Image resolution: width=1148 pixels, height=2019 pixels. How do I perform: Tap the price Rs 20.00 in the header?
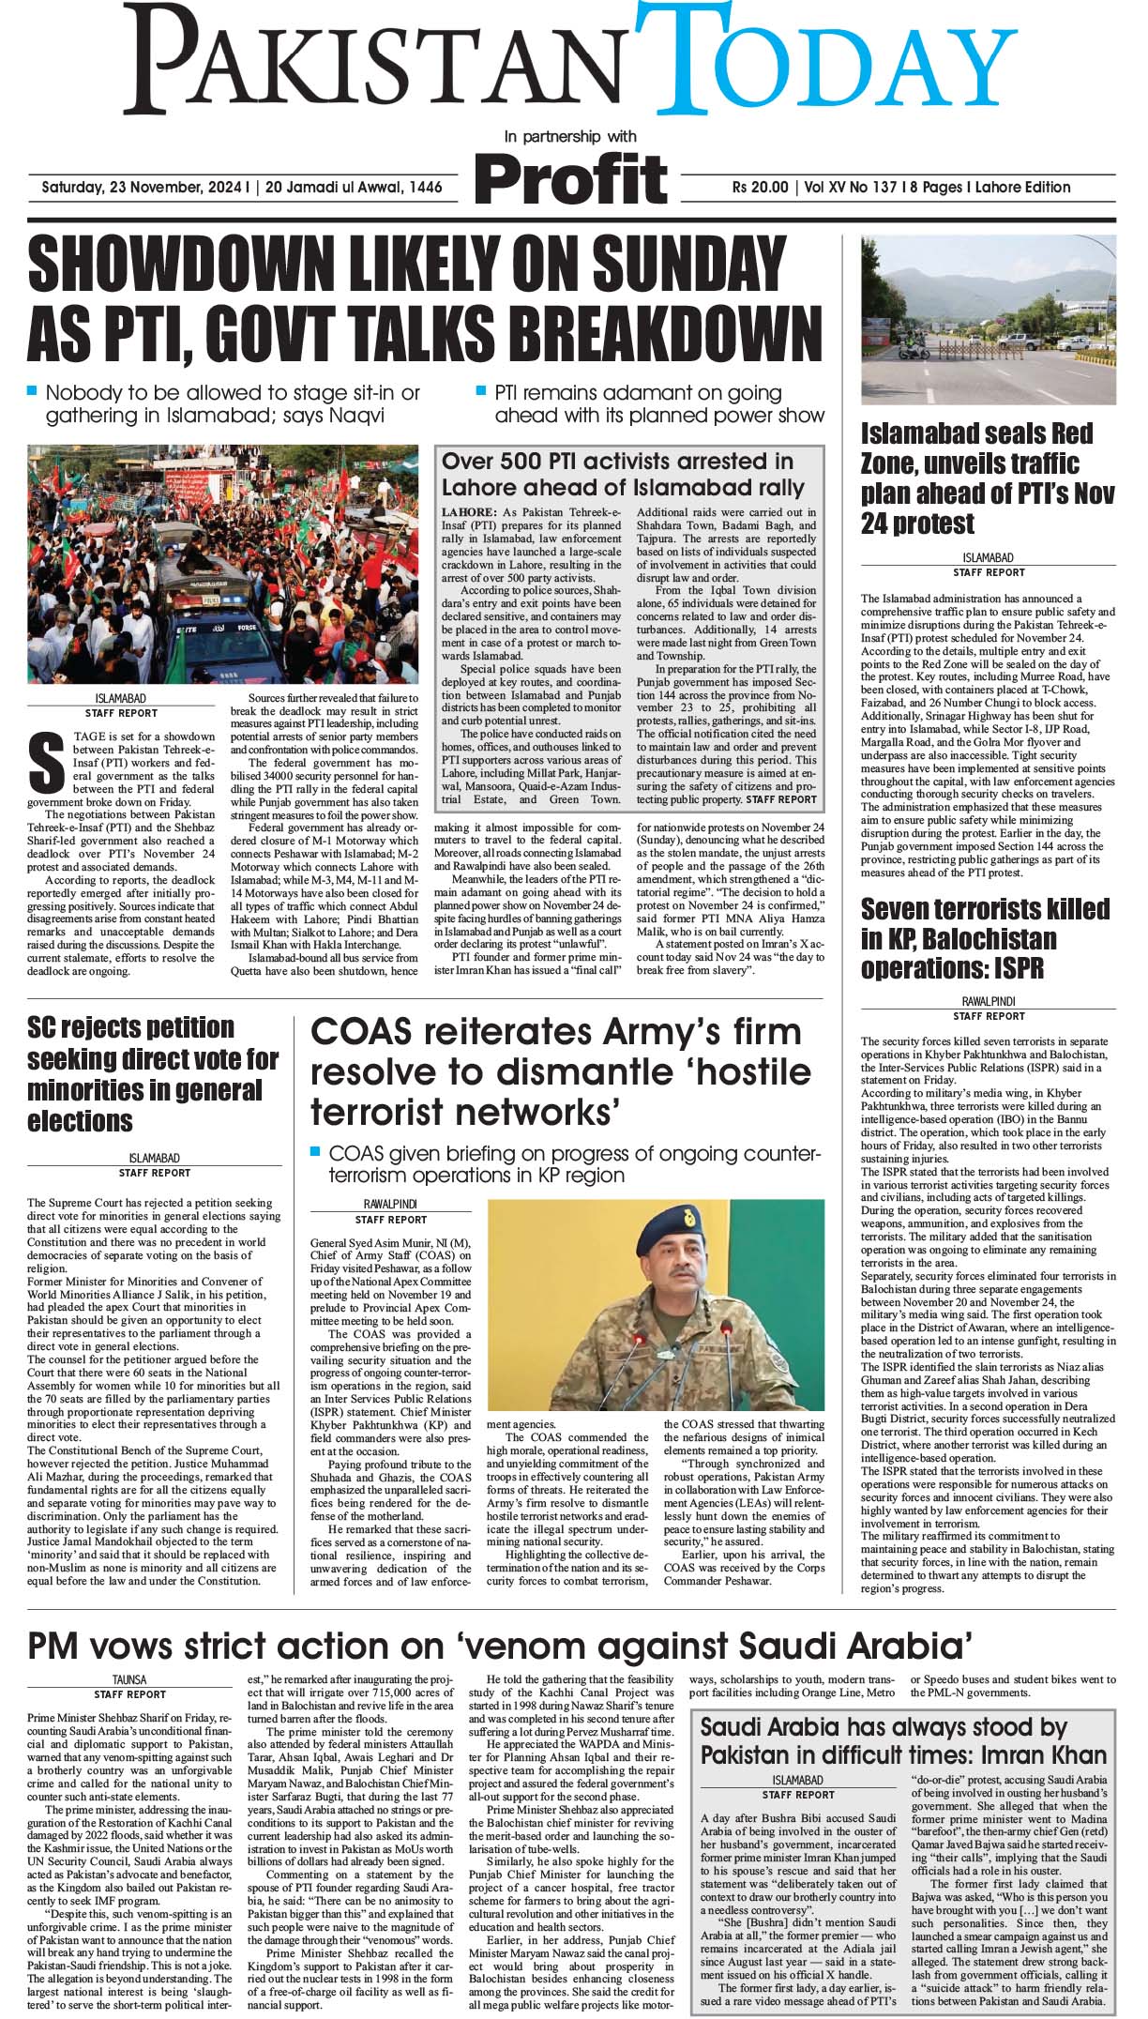click(761, 188)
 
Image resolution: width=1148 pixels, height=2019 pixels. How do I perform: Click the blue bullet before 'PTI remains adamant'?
click(482, 390)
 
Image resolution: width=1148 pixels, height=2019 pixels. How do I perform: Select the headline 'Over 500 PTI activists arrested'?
click(623, 474)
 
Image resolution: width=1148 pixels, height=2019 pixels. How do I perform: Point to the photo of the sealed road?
click(989, 320)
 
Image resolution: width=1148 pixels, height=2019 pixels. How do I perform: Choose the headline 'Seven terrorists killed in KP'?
click(985, 938)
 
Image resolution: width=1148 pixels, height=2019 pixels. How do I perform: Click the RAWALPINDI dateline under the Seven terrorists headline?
click(989, 1001)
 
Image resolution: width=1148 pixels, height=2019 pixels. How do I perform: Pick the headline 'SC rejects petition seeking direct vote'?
click(153, 1074)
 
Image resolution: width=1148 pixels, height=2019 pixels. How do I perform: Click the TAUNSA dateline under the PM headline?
click(129, 1680)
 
